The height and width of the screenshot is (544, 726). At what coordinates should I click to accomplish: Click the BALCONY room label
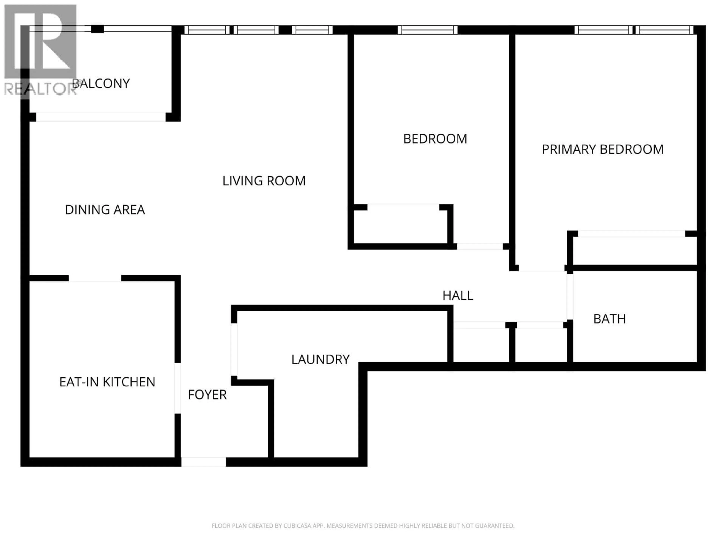click(101, 84)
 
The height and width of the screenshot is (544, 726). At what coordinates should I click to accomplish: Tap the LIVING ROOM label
click(264, 181)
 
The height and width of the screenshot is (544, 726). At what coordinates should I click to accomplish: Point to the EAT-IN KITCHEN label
click(107, 382)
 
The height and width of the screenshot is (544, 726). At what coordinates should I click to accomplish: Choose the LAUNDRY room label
click(320, 360)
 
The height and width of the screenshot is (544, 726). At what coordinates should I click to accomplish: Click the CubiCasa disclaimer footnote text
click(363, 526)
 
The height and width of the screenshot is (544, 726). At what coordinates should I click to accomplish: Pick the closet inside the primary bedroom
click(633, 251)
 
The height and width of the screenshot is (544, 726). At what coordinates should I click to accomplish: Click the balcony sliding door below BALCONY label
click(101, 117)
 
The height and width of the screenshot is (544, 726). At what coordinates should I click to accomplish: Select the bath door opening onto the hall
click(570, 297)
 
